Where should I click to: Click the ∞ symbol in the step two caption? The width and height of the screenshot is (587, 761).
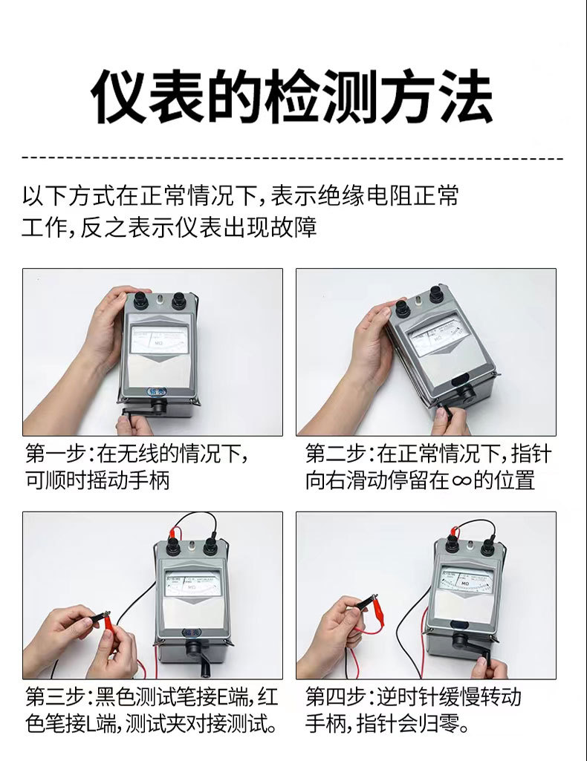click(461, 480)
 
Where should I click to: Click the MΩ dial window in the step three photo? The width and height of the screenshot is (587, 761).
click(192, 582)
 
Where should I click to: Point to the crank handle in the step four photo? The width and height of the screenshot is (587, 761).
click(481, 653)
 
